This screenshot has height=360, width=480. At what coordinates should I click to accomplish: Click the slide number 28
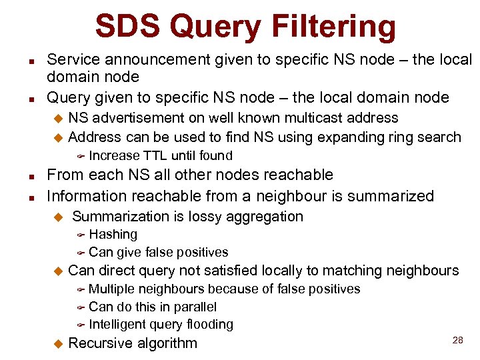tap(457, 340)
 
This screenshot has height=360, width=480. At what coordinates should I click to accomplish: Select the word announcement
tap(145, 60)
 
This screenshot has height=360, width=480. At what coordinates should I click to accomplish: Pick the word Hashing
tap(113, 235)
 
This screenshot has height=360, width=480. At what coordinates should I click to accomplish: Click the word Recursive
tap(100, 343)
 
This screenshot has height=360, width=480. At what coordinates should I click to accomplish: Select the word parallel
tap(193, 307)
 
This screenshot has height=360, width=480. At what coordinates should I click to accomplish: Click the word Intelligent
tap(121, 325)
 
